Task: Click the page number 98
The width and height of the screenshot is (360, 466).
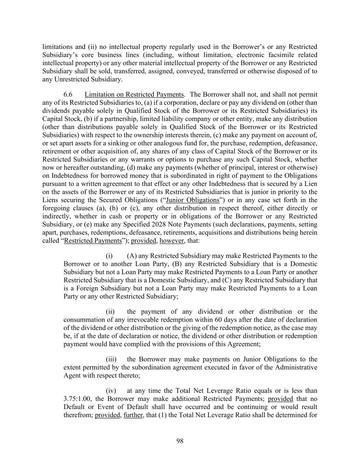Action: coord(180,441)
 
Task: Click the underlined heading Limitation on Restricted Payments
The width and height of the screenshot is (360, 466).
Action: coord(134,95)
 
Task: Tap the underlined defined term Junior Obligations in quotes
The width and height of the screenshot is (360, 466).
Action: coord(192,200)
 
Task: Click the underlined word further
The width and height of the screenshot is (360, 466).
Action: coord(133,415)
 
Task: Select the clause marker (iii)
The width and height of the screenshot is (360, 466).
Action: coord(111,359)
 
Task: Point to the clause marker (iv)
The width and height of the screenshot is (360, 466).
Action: coord(111,391)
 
